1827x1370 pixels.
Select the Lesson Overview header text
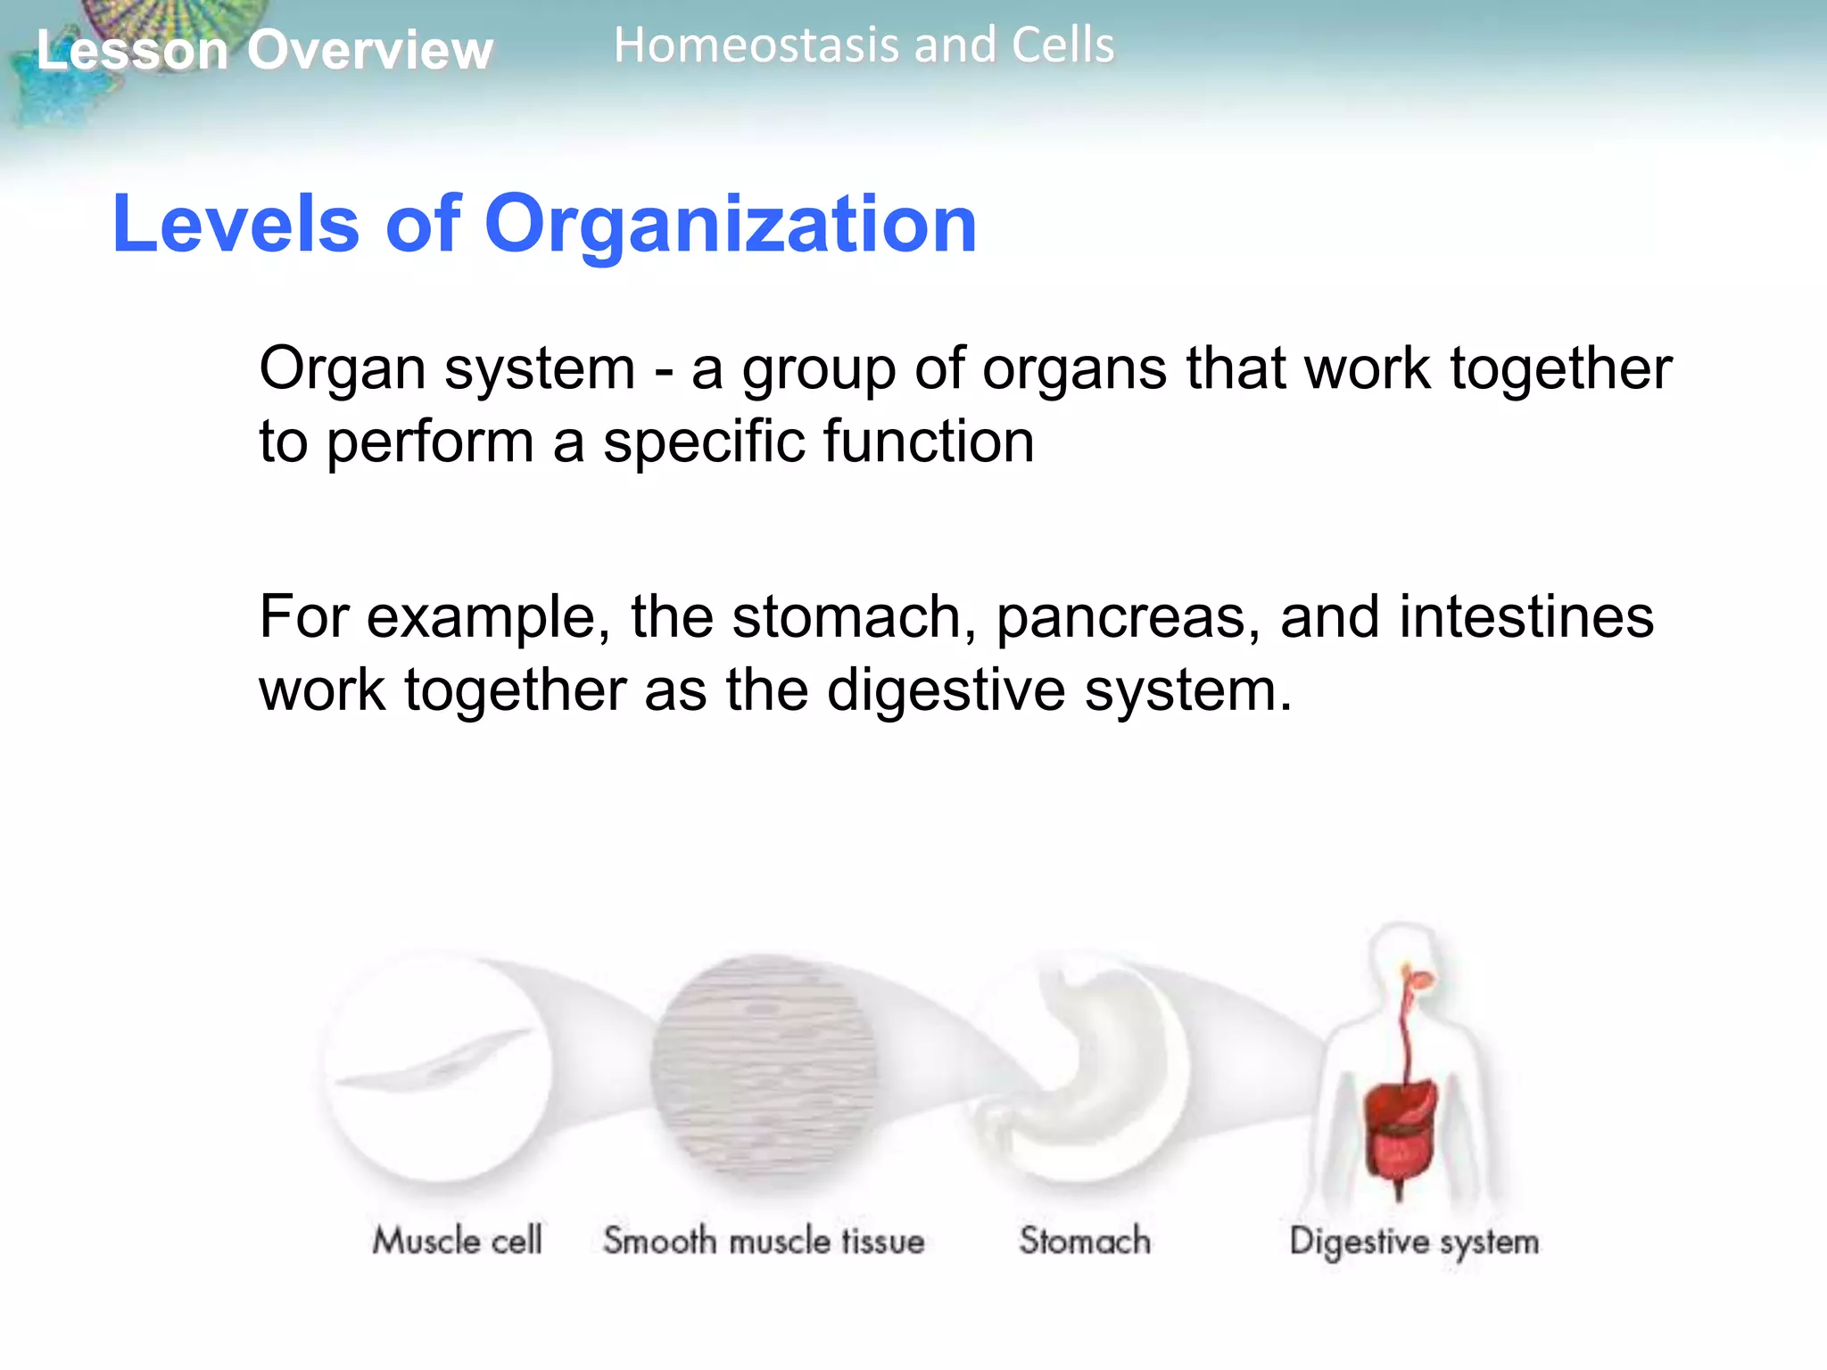tap(264, 50)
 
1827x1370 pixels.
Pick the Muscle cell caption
tap(457, 1241)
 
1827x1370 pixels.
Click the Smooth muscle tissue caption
tap(764, 1241)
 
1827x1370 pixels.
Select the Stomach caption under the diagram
tap(1085, 1241)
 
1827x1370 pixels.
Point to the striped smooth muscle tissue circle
tap(763, 1066)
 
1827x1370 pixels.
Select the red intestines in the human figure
tap(1399, 1137)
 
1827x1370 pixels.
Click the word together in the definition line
tap(1560, 368)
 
